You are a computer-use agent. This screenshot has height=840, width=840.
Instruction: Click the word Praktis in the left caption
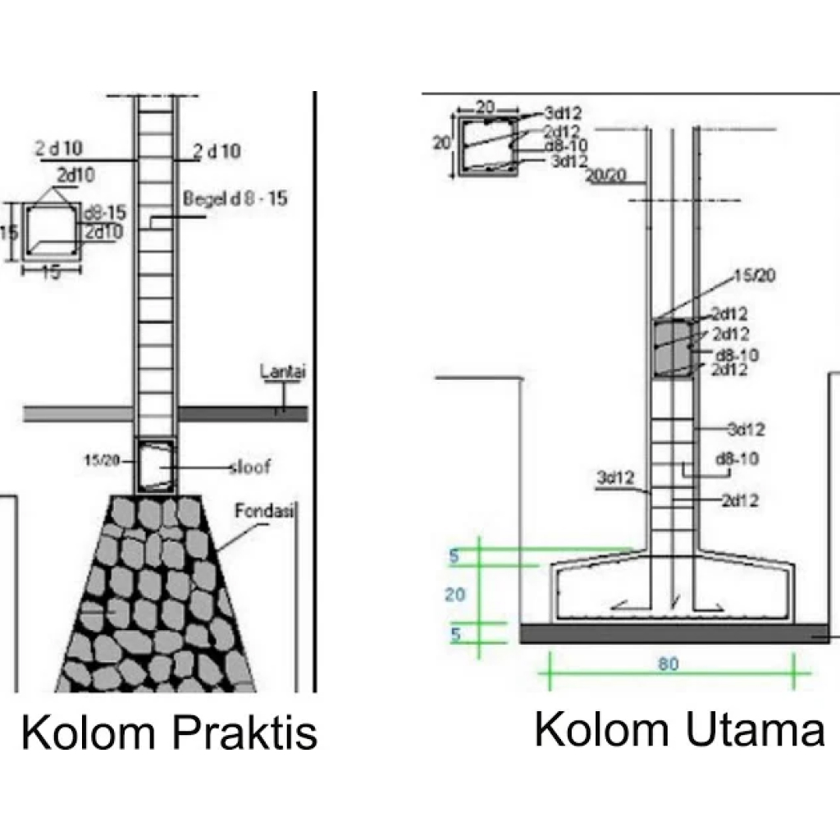(x=244, y=733)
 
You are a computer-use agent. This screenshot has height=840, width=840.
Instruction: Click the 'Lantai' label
(x=282, y=372)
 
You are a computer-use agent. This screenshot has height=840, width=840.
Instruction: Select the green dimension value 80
(x=668, y=664)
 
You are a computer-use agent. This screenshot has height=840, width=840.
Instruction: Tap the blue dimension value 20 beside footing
(x=455, y=595)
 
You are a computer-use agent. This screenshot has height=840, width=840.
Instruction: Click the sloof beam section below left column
(x=156, y=466)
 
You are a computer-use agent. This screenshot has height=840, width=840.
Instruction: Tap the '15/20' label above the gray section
(x=753, y=276)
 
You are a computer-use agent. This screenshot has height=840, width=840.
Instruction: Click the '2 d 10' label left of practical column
(x=57, y=149)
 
